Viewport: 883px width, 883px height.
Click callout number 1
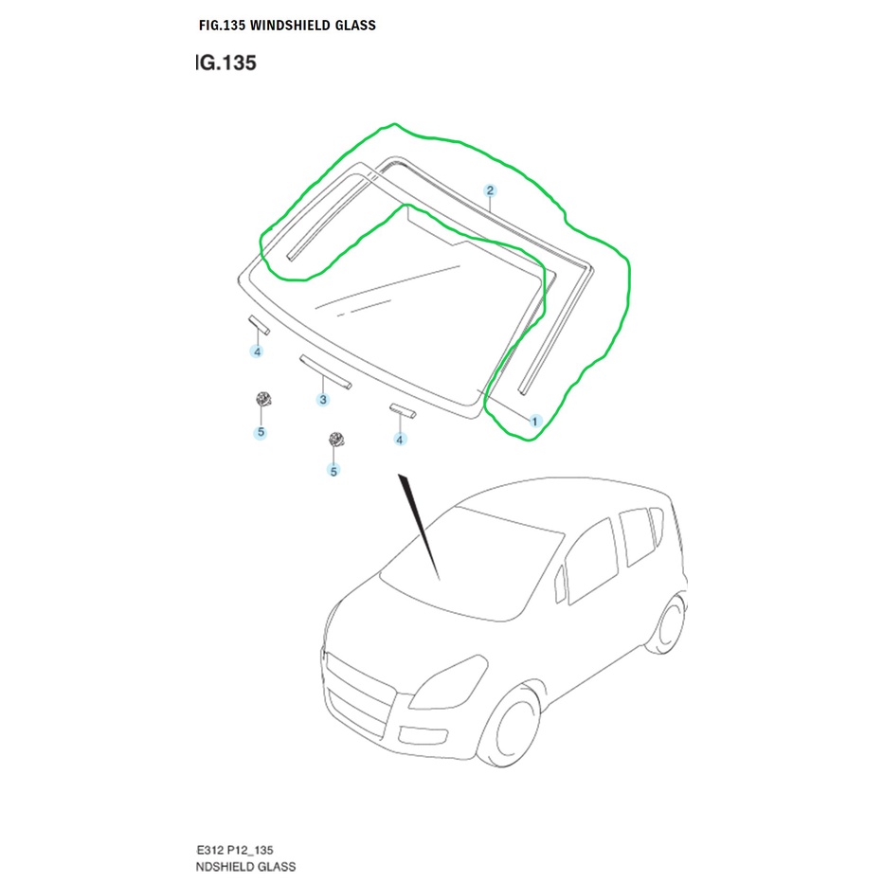point(533,420)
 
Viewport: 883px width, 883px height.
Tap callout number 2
point(490,190)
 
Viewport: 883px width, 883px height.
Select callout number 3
point(323,400)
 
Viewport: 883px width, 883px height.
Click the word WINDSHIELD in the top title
point(289,26)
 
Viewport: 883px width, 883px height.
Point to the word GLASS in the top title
point(353,26)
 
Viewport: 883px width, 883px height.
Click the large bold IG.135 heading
point(225,64)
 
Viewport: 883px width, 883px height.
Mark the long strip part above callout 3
point(326,371)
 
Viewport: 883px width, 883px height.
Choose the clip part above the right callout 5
point(333,440)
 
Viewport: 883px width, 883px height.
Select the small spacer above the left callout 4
point(259,325)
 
